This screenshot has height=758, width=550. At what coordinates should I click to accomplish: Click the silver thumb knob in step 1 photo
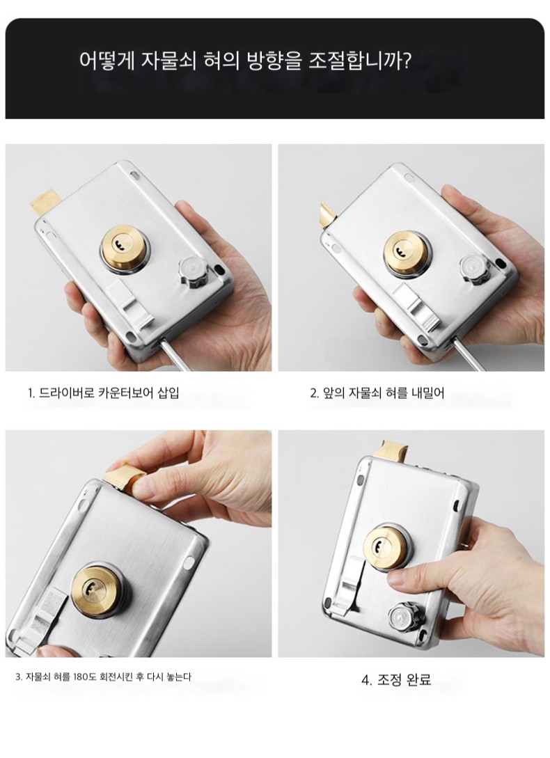(x=191, y=271)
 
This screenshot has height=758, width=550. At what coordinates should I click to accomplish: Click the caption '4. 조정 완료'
(x=395, y=679)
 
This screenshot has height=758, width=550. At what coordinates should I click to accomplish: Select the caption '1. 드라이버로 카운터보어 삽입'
(x=104, y=393)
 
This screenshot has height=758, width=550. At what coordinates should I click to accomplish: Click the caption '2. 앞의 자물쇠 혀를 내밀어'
(x=377, y=393)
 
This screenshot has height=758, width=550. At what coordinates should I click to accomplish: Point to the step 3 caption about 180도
(x=103, y=677)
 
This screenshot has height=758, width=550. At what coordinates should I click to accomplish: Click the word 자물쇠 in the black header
(x=168, y=61)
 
